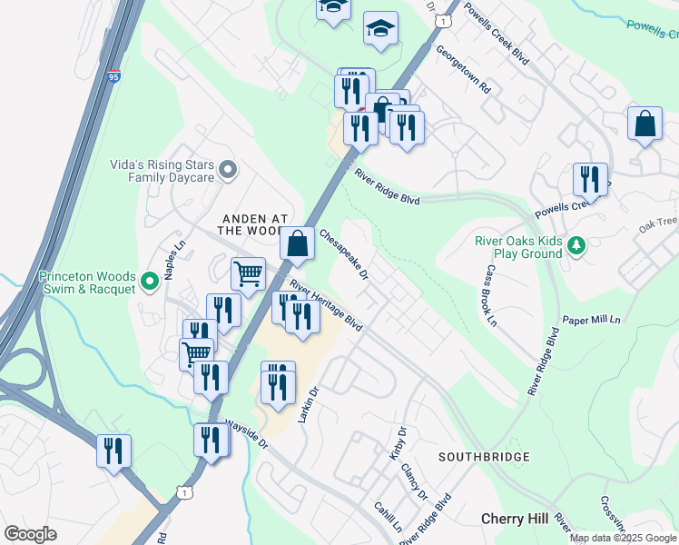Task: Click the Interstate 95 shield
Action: pos(113,76)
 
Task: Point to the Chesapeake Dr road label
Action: pos(344,253)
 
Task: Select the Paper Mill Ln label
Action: pos(590,321)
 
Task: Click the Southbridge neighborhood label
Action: pos(484,455)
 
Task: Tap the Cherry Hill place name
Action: pos(514,518)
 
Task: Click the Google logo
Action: pos(30,533)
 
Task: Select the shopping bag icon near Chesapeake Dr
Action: pos(297,243)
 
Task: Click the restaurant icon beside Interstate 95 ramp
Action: pos(114,451)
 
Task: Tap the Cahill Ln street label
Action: pos(388,517)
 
